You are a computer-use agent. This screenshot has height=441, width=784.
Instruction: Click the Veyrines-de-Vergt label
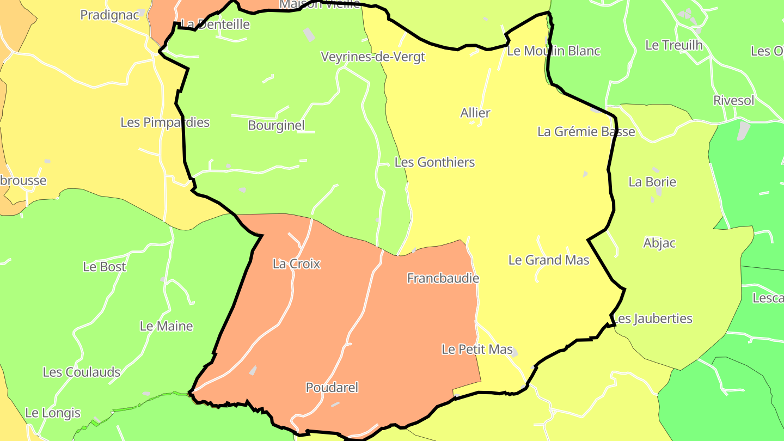[372, 57]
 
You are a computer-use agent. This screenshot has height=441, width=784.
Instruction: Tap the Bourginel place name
[276, 125]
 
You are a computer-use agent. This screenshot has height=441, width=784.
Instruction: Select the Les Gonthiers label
[434, 162]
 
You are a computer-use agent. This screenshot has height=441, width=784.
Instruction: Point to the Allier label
[475, 113]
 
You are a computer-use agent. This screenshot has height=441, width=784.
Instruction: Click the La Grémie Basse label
[586, 132]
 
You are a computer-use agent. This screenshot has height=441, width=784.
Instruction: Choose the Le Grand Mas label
[549, 260]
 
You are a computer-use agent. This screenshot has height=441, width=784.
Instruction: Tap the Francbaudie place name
[443, 278]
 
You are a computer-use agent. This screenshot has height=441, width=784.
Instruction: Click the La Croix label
[296, 264]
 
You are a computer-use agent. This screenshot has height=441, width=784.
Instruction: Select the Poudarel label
[332, 388]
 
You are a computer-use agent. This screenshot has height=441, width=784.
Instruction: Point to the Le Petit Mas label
[477, 349]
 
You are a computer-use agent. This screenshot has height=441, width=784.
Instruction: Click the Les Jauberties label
[653, 318]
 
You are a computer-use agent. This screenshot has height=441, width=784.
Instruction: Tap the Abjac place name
[659, 243]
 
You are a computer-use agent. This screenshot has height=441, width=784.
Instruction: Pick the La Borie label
[652, 182]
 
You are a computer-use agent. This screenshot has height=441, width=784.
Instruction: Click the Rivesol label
[734, 101]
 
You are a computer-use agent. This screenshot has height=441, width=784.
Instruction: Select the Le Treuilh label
[674, 45]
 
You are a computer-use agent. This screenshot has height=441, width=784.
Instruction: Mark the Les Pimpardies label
[165, 122]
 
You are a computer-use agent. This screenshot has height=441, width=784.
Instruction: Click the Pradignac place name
[110, 15]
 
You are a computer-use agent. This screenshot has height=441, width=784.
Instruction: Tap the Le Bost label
[105, 267]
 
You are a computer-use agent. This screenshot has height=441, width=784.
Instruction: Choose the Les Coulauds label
[82, 372]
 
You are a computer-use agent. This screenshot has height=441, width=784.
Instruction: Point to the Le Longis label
[53, 413]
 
